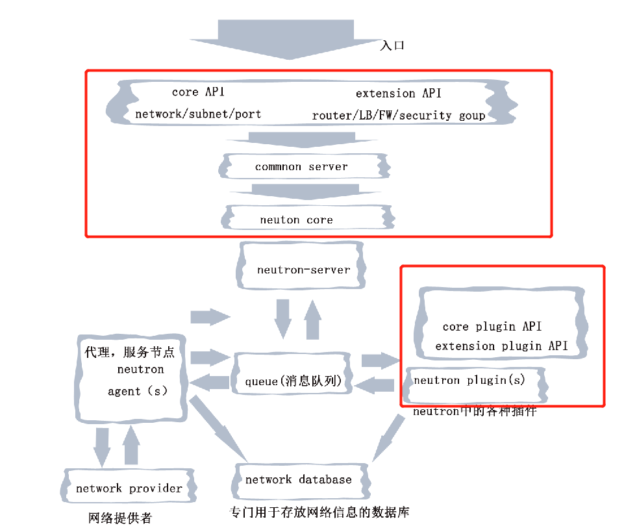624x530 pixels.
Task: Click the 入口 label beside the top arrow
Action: click(392, 46)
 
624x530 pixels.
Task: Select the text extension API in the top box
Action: click(398, 94)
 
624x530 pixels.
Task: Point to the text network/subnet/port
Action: click(198, 114)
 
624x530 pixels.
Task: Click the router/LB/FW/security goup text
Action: click(398, 116)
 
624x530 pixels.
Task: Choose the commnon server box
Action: click(301, 167)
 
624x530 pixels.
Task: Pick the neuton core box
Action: click(297, 220)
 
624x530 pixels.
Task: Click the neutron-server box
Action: click(303, 269)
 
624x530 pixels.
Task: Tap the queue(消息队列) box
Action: click(293, 381)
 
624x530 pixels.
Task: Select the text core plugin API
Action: click(492, 326)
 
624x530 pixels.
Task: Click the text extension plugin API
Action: click(501, 346)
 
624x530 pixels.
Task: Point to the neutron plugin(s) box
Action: click(469, 381)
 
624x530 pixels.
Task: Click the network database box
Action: click(299, 480)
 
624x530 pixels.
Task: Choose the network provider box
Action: click(129, 488)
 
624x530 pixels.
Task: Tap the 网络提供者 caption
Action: click(120, 518)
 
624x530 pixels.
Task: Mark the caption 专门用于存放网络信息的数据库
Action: click(319, 512)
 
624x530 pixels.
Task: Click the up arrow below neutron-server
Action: click(313, 320)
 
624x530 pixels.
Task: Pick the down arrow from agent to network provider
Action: click(102, 446)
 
